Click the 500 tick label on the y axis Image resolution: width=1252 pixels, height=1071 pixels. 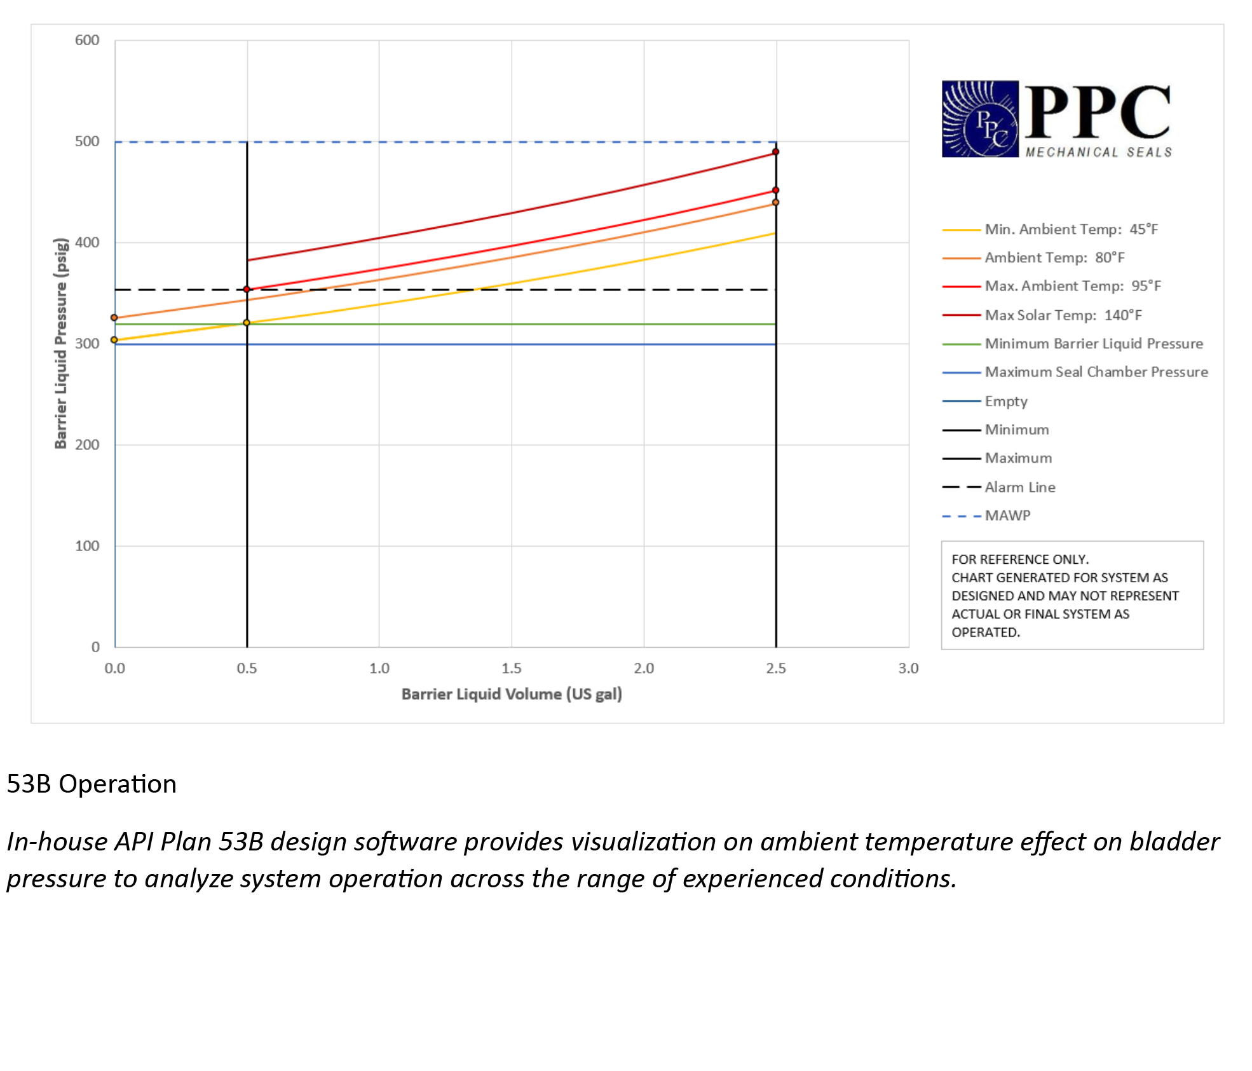click(87, 141)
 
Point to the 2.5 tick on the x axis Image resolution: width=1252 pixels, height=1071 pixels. click(776, 668)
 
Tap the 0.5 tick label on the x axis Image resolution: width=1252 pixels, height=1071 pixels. click(247, 668)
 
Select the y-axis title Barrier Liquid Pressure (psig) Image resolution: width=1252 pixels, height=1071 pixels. click(61, 343)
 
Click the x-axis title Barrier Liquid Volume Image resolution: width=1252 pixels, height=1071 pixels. click(512, 694)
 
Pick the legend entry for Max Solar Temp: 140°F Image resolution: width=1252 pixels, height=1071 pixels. click(1063, 315)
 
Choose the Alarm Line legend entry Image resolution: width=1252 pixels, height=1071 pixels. click(1019, 488)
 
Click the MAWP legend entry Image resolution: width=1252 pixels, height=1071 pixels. click(1007, 515)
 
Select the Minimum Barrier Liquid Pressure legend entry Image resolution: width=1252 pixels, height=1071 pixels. click(1093, 344)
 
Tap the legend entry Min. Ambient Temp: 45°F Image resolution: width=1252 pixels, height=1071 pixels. click(1071, 229)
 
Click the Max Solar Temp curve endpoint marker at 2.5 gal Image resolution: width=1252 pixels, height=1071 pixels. click(775, 152)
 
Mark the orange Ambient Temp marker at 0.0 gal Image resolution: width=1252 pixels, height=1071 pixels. click(114, 318)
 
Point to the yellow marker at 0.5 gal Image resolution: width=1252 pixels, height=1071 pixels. click(247, 323)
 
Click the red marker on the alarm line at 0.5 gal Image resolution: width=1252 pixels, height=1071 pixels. click(247, 289)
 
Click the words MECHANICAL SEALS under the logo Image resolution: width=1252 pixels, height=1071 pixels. click(1098, 153)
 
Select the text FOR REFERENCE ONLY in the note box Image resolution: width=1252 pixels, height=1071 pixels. click(1020, 559)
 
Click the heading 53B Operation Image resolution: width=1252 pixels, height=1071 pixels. click(92, 784)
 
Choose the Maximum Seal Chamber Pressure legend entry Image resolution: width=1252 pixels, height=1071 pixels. click(1096, 372)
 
